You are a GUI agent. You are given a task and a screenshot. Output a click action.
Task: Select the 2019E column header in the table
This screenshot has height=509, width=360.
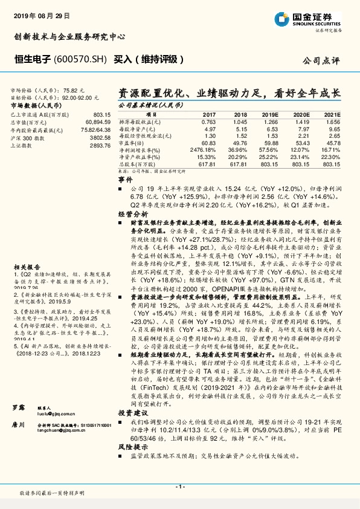tap(269, 114)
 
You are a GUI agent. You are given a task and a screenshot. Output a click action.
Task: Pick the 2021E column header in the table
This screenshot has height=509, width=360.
tap(332, 114)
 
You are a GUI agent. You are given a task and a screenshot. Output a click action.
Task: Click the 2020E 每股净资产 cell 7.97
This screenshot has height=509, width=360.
tap(301, 129)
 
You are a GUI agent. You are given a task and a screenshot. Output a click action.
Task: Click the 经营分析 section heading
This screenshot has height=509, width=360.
tap(132, 214)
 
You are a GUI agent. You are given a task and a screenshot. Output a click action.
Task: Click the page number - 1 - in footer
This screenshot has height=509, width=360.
tap(179, 485)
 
